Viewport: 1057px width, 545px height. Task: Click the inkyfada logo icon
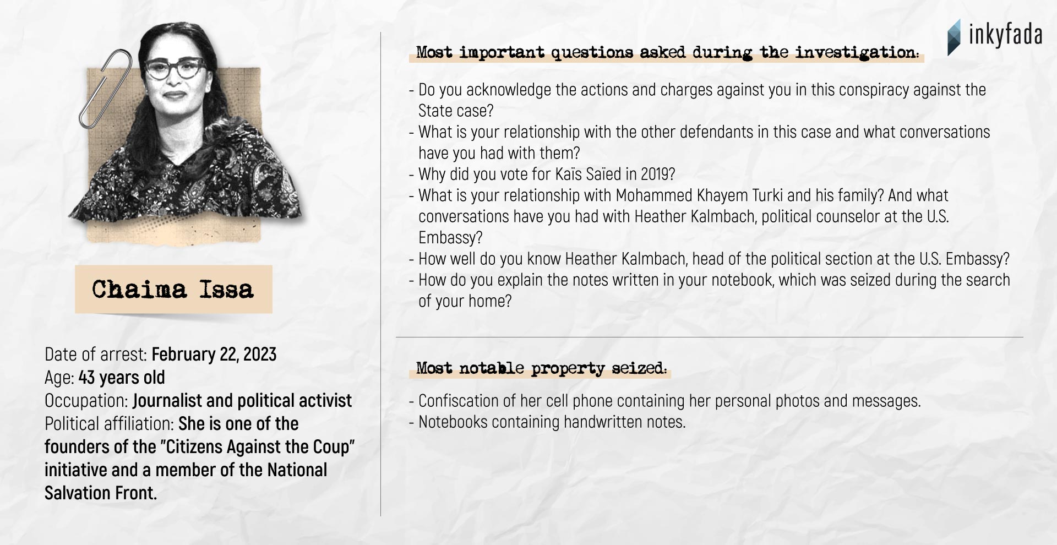coord(954,37)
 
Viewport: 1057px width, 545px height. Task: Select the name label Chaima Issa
coord(173,289)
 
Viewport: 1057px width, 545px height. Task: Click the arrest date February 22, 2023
coord(214,354)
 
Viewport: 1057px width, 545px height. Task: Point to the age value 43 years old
coord(122,377)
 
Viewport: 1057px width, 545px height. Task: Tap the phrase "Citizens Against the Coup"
coord(257,446)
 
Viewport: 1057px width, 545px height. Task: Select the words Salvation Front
coord(101,493)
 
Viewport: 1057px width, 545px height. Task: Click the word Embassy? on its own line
coord(450,238)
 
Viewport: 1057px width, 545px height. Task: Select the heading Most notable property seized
coord(541,368)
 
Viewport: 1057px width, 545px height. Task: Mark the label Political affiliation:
coord(109,423)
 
